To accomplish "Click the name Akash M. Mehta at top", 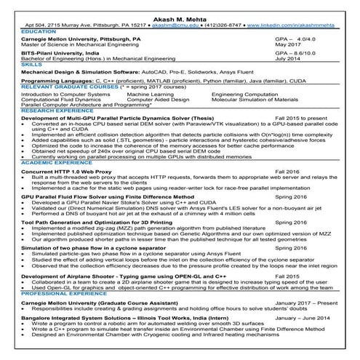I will click(x=180, y=14).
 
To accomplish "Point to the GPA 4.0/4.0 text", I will click(x=297, y=38).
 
